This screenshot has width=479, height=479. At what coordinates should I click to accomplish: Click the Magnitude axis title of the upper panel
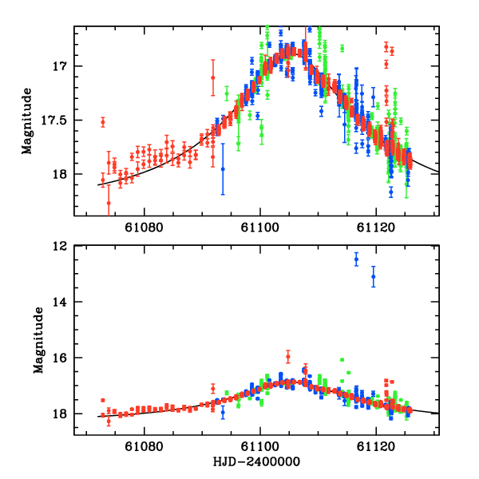tap(27, 120)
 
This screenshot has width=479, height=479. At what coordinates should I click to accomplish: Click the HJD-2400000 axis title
tap(257, 462)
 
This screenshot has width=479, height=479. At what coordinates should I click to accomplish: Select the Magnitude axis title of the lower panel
tap(38, 340)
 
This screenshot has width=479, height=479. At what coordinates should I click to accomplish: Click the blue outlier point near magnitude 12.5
tap(357, 259)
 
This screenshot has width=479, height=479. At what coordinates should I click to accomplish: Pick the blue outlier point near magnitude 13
tap(373, 276)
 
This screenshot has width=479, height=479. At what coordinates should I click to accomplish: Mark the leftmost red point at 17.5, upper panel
tap(103, 122)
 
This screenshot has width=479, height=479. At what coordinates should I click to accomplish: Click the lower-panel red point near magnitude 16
tap(287, 357)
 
